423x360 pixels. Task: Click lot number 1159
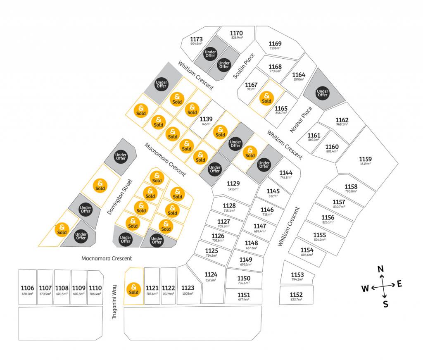pyautogui.click(x=365, y=159)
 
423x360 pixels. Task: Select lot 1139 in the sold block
pyautogui.click(x=206, y=119)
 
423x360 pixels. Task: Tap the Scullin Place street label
pyautogui.click(x=244, y=66)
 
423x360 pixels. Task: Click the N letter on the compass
pyautogui.click(x=380, y=269)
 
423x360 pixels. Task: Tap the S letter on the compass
pyautogui.click(x=385, y=305)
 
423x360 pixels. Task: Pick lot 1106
pyautogui.click(x=27, y=288)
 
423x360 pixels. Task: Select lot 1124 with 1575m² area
pyautogui.click(x=211, y=274)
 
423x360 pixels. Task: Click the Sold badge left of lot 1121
pyautogui.click(x=133, y=289)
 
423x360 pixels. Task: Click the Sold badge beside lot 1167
pyautogui.click(x=266, y=98)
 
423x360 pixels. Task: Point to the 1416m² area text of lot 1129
pyautogui.click(x=233, y=189)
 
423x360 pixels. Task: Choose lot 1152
pyautogui.click(x=296, y=295)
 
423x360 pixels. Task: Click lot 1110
pyautogui.click(x=95, y=288)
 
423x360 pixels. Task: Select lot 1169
pyautogui.click(x=275, y=44)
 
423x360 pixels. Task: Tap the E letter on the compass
pyautogui.click(x=399, y=283)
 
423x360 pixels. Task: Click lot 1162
pyautogui.click(x=342, y=120)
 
